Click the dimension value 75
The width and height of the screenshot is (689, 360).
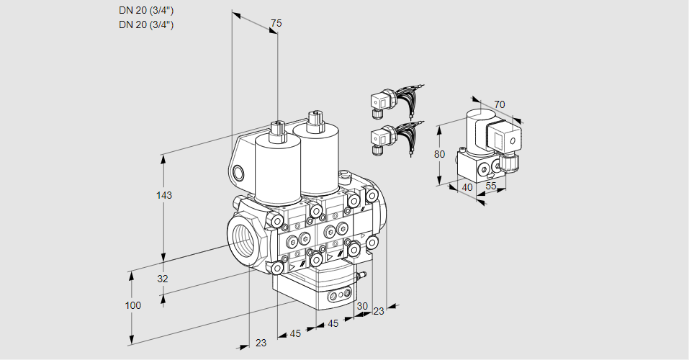click(x=276, y=24)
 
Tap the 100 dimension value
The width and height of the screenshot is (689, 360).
click(x=133, y=305)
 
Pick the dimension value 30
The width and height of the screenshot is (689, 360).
click(x=361, y=305)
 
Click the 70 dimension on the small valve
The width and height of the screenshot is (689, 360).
click(x=500, y=104)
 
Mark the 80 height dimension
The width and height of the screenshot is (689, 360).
click(x=440, y=154)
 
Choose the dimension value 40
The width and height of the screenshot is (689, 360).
click(x=467, y=187)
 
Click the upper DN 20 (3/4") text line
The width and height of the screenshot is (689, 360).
click(x=146, y=9)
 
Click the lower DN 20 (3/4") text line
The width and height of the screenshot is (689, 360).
click(x=146, y=24)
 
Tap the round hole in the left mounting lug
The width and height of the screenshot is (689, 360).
click(x=239, y=172)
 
